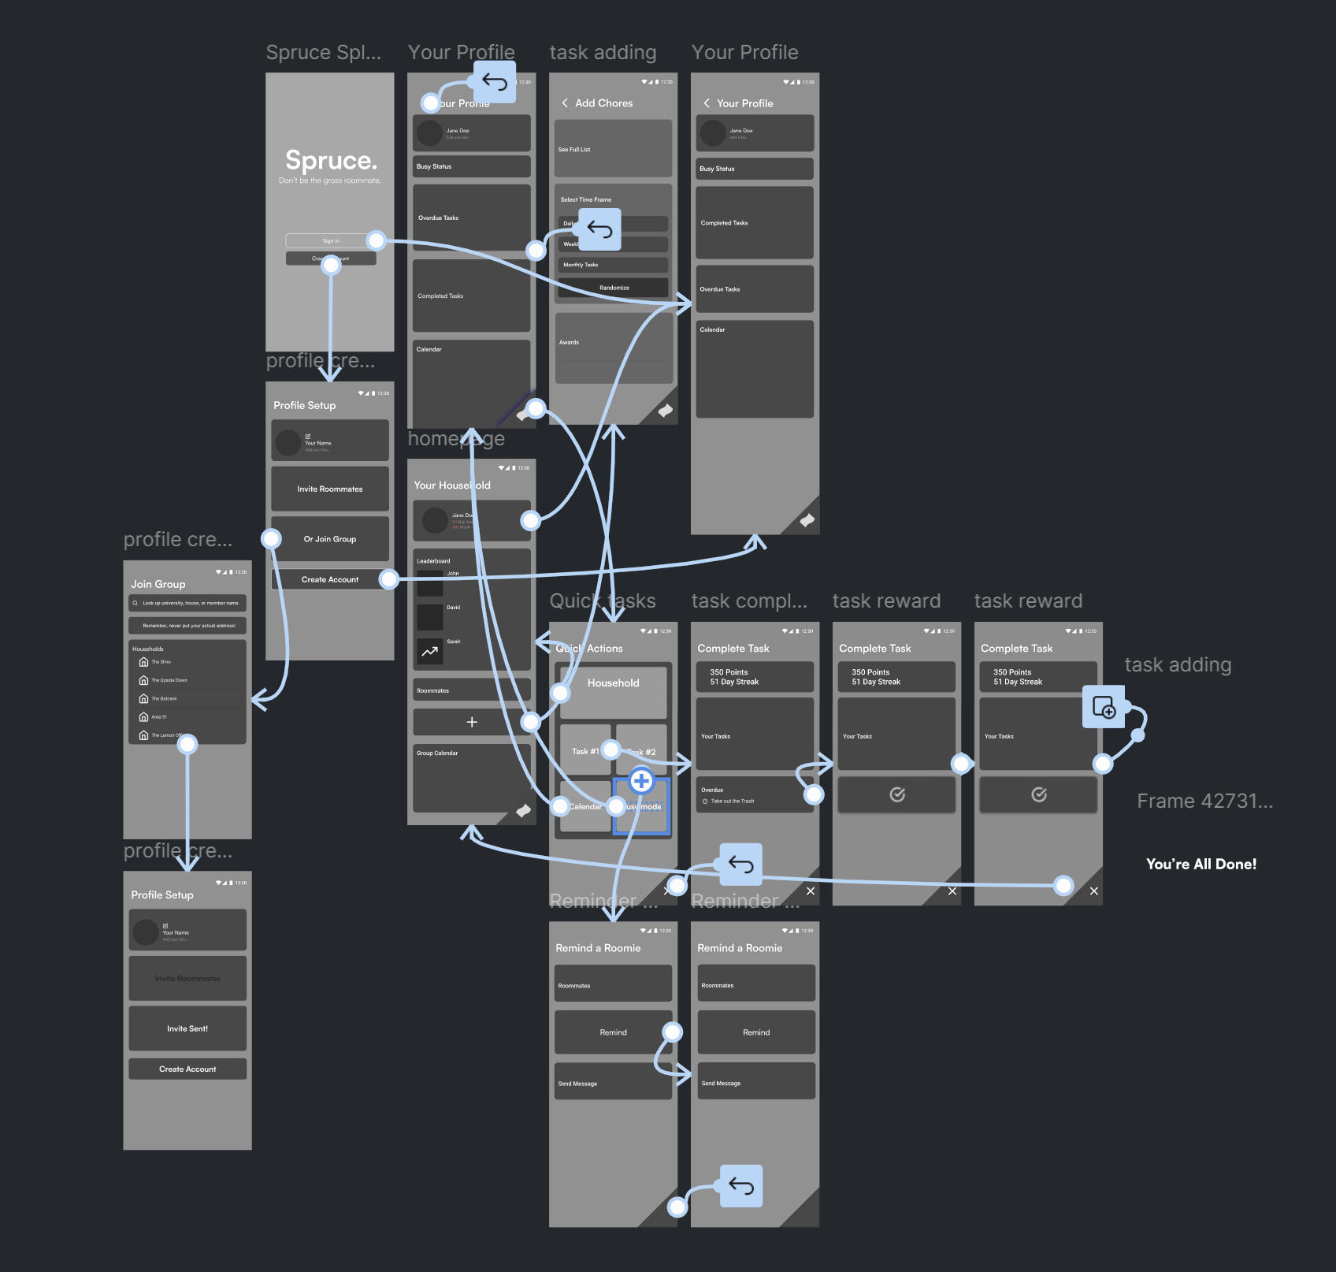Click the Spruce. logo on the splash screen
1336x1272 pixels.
point(331,161)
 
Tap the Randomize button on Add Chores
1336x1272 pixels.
point(614,288)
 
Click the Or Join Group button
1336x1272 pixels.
point(330,539)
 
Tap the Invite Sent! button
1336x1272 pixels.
point(187,1028)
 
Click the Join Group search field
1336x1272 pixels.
point(187,603)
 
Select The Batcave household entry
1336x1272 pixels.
point(164,698)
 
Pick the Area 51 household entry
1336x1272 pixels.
point(158,717)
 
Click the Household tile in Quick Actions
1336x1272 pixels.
point(613,683)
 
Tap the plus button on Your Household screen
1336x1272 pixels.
point(472,722)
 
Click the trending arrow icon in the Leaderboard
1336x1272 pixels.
point(429,652)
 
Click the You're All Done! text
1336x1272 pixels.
point(1201,864)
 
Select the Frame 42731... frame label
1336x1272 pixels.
point(1204,802)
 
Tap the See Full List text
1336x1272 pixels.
point(574,150)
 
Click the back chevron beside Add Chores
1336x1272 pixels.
point(565,103)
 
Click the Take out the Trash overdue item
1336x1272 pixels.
point(732,802)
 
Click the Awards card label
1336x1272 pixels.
point(569,343)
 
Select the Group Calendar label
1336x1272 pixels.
point(437,753)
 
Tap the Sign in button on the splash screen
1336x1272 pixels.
point(330,240)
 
